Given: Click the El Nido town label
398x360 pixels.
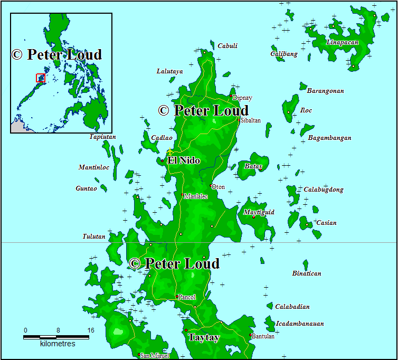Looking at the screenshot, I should pos(183,160).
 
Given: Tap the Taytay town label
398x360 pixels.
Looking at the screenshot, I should pos(204,337).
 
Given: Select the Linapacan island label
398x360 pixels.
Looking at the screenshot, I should pos(342,42).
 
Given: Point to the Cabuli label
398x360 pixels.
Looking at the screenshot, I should pos(228,46).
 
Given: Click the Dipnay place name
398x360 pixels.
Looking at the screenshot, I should pos(242,98).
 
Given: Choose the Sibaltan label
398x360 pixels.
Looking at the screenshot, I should pos(251,120).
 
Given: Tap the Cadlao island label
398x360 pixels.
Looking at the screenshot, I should pos(162,138).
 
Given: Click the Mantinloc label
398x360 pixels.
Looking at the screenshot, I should pos(94,167).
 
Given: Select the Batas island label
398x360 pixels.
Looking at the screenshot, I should pos(253,166).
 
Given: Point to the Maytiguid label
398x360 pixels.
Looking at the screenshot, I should pos(259,213).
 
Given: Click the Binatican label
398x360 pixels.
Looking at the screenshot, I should pos(307,273).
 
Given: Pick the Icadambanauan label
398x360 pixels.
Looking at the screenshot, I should pos(300,324).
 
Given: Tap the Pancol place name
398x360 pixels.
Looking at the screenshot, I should pos(187,297).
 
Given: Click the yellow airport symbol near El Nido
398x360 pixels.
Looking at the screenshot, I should pos(170,152).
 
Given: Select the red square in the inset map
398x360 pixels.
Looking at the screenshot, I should pos(41,78).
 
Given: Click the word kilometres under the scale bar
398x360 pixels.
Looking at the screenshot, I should pos(58,344).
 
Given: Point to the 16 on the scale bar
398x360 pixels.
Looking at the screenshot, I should pos(90,330).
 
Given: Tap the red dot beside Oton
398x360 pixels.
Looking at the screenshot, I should pos(212,186).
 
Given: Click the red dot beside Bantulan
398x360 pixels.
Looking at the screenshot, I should pos(250,335).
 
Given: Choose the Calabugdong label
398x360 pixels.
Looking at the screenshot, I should pos(323,190).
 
